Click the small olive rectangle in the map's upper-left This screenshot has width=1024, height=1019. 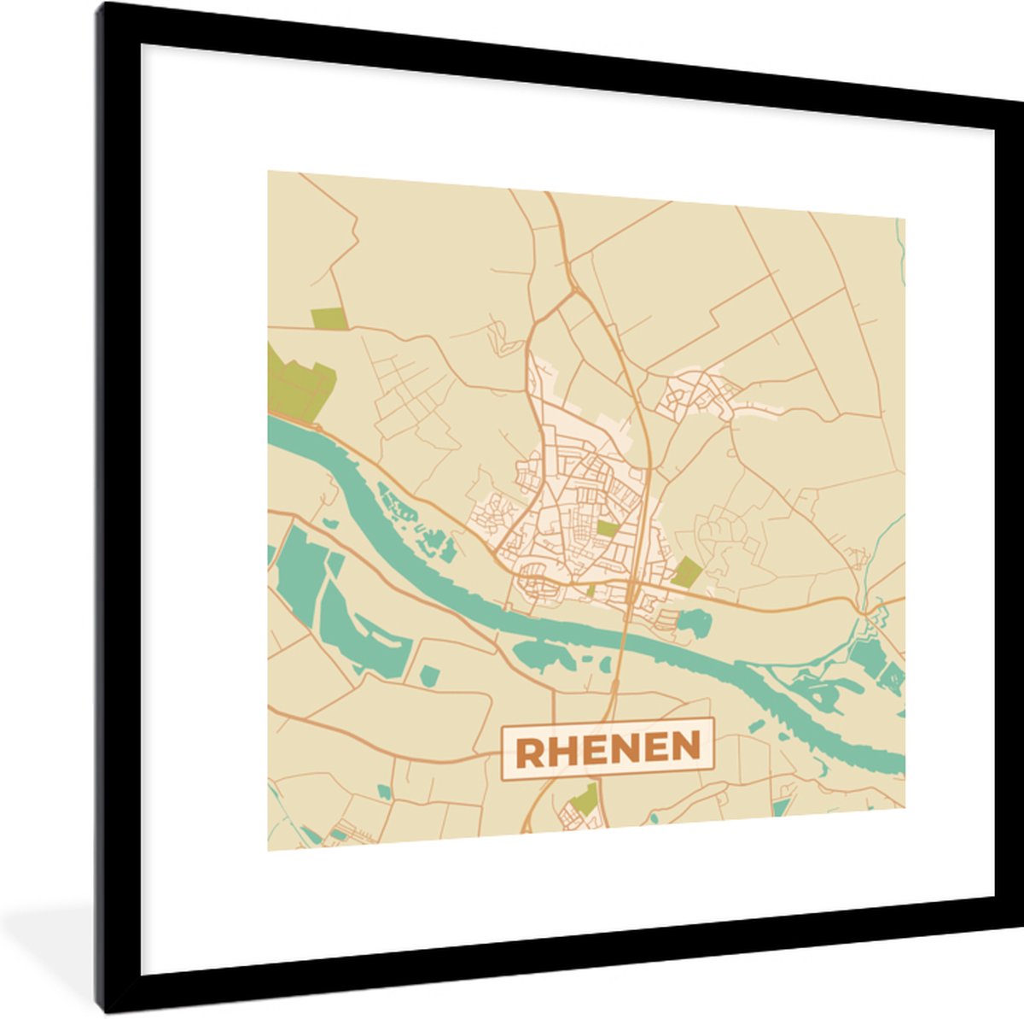pyautogui.click(x=329, y=319)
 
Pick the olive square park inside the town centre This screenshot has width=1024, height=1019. pyautogui.click(x=606, y=529)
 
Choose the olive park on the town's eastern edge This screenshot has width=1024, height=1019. pyautogui.click(x=684, y=571)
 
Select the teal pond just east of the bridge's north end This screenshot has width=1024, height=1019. pyautogui.click(x=695, y=623)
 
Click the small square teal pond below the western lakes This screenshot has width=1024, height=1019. pyautogui.click(x=428, y=676)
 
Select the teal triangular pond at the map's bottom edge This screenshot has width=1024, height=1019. pyautogui.click(x=779, y=806)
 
